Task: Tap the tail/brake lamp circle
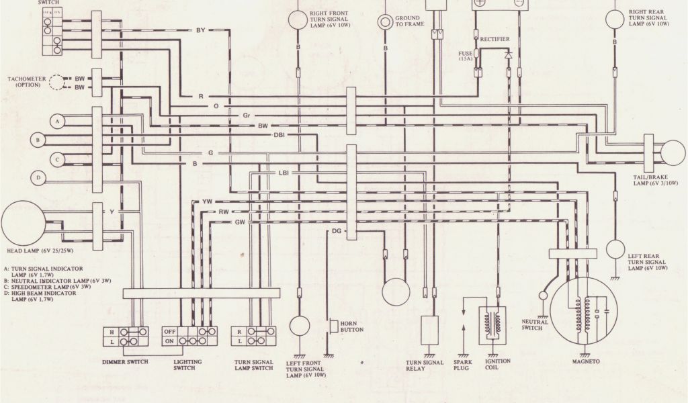pos(673,152)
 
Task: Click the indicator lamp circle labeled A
pos(58,121)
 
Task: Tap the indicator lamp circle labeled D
pos(39,178)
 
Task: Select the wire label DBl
pos(279,135)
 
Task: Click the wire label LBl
pos(284,173)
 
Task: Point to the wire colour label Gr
pos(247,116)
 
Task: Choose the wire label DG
pos(337,231)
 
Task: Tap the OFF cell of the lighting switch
pos(171,331)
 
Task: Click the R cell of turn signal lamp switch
pos(239,331)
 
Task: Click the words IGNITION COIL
pos(497,365)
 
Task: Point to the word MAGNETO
pos(585,361)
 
